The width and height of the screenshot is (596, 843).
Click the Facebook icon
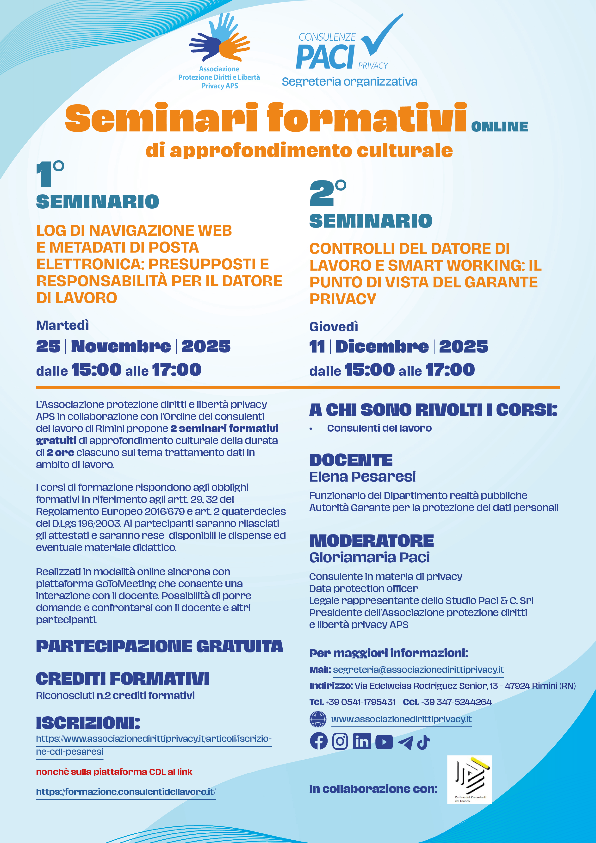[318, 741]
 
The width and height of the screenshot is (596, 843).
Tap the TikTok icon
[423, 742]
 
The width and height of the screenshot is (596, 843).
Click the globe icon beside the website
[318, 719]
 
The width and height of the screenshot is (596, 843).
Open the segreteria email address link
[418, 670]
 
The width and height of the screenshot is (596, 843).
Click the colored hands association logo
[220, 38]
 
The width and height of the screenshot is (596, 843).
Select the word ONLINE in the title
[499, 127]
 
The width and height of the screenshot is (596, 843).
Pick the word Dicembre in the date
[382, 347]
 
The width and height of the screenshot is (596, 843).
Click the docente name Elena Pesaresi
[362, 477]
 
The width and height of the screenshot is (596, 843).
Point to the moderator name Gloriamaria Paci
[369, 557]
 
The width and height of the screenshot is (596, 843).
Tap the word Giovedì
[333, 326]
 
